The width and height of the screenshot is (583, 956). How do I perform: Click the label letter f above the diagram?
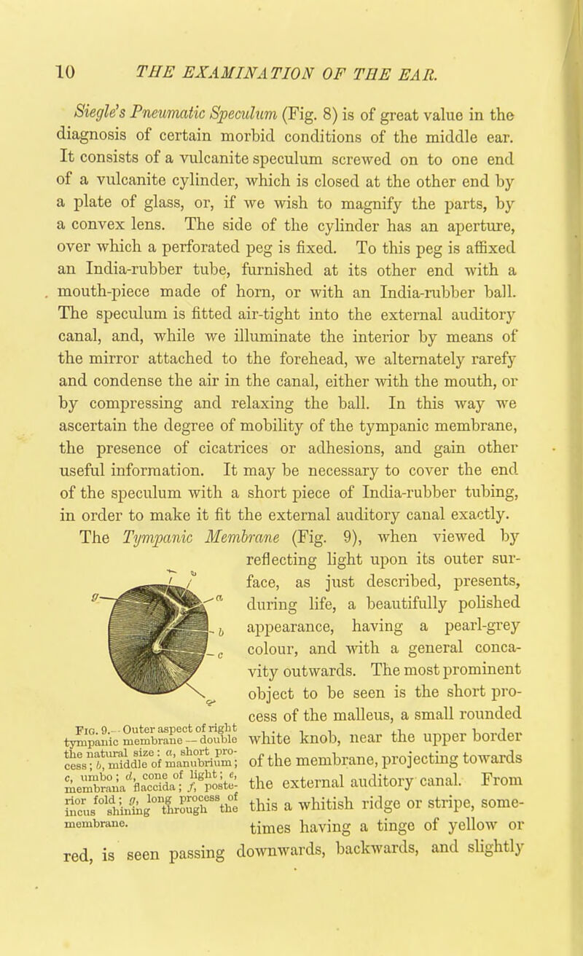click(x=167, y=559)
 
